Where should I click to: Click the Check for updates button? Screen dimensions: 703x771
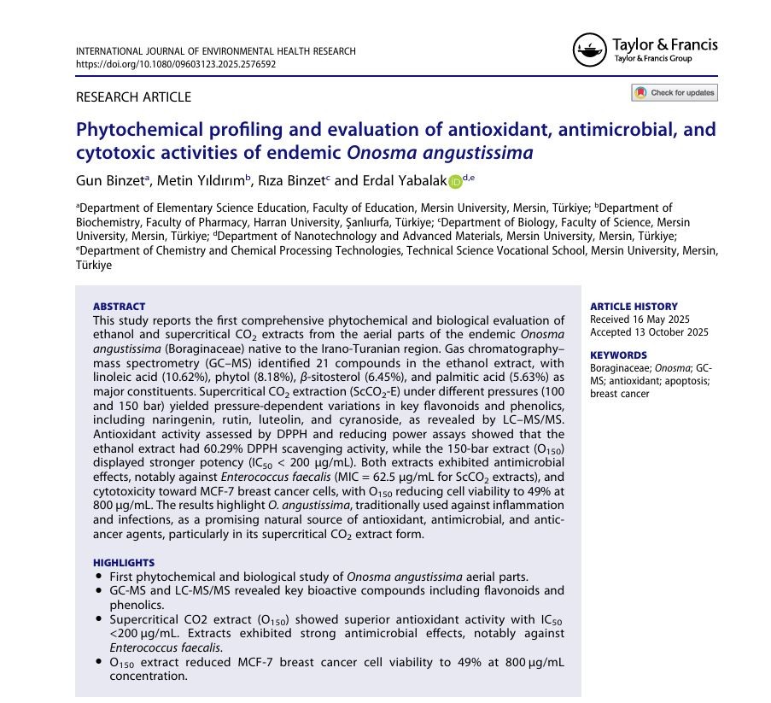click(x=675, y=92)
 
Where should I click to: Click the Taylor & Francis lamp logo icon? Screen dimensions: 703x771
click(x=588, y=50)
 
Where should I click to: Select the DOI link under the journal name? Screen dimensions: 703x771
click(x=176, y=64)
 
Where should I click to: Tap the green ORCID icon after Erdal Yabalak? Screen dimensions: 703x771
click(x=455, y=181)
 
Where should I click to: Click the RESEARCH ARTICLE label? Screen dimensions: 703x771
click(x=133, y=97)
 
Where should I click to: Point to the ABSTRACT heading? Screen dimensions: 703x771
click(x=119, y=307)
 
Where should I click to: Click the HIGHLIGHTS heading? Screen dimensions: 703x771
click(x=124, y=563)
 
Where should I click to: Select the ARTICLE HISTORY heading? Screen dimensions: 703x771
click(x=634, y=307)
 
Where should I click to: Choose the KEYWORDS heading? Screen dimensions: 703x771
click(x=618, y=355)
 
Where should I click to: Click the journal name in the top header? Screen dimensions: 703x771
click(x=215, y=51)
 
